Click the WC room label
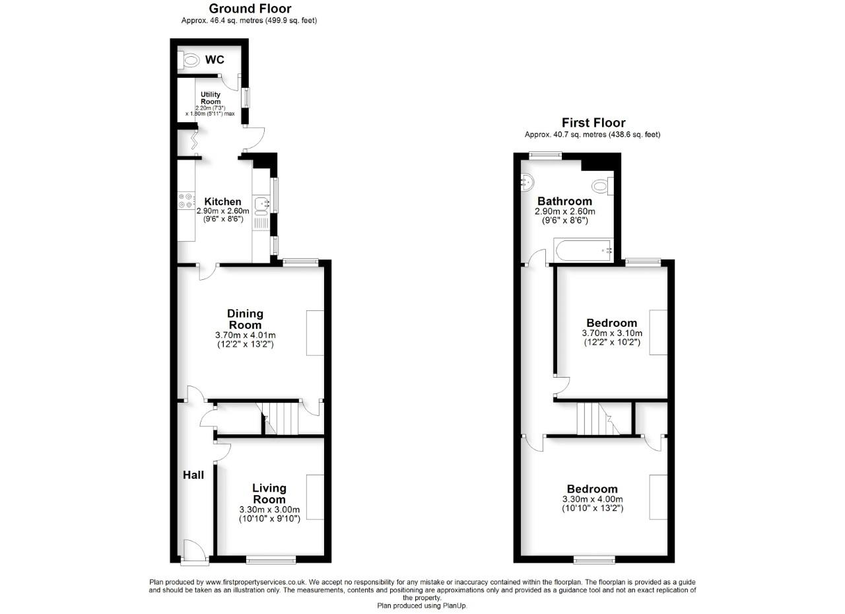click(x=214, y=59)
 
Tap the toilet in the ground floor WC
click(x=191, y=60)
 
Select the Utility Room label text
click(x=211, y=98)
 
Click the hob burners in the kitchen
click(x=185, y=201)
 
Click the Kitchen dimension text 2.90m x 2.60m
click(x=222, y=211)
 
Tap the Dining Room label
click(x=245, y=319)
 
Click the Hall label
click(x=193, y=475)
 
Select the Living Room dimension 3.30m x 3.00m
click(x=269, y=510)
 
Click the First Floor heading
click(x=593, y=122)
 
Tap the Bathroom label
click(x=564, y=201)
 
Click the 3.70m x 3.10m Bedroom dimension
click(x=611, y=333)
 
